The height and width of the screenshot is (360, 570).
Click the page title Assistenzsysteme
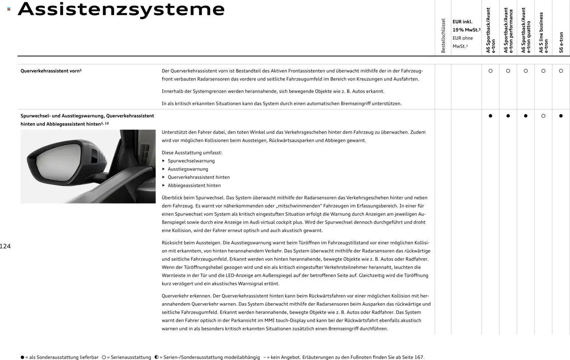[121, 9]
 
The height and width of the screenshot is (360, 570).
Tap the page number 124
[6, 246]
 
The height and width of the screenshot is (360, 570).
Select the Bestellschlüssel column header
[443, 36]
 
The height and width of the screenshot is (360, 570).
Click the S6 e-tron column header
[561, 42]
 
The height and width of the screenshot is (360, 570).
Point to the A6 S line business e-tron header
[544, 33]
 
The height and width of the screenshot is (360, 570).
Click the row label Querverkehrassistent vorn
[51, 71]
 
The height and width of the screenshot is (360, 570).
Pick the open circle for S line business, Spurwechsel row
[543, 116]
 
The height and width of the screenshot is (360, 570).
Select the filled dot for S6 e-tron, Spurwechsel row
[561, 116]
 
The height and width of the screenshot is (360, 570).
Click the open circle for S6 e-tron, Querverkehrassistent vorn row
[561, 71]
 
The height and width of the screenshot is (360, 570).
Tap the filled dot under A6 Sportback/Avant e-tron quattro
[526, 116]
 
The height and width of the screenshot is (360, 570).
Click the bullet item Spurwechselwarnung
[191, 161]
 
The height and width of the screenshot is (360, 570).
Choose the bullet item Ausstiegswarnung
[188, 169]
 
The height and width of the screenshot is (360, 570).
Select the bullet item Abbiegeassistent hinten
[194, 185]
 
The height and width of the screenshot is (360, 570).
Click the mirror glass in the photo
[59, 162]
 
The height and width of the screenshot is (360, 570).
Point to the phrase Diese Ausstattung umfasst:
[192, 153]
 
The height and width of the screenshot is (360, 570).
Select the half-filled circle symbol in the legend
[156, 357]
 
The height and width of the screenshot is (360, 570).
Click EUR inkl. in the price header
[462, 22]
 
